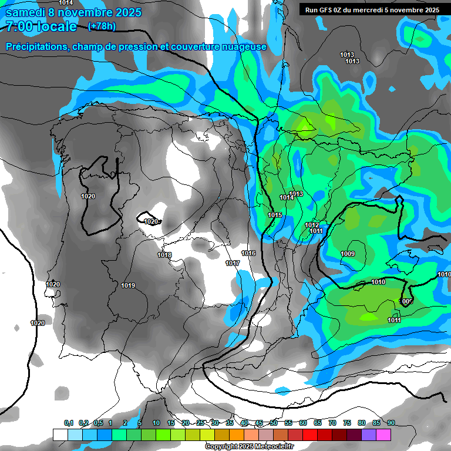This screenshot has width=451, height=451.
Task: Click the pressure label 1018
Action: (164, 255)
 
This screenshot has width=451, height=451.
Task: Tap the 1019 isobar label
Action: (128, 286)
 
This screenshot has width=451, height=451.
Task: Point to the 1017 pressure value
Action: (233, 264)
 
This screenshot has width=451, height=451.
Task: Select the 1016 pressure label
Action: (248, 253)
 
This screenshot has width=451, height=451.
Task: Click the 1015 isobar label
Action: (275, 216)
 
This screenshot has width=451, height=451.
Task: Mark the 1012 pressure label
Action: (312, 225)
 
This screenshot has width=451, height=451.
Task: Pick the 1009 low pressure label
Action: (348, 254)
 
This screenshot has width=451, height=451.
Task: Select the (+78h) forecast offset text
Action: (102, 26)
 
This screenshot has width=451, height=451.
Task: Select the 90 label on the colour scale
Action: (391, 423)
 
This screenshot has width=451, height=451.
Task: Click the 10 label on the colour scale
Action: (156, 423)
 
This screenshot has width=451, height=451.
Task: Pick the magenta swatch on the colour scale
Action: (384, 435)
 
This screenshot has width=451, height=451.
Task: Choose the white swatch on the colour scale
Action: (60, 435)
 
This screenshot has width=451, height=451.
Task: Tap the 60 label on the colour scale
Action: (302, 423)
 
